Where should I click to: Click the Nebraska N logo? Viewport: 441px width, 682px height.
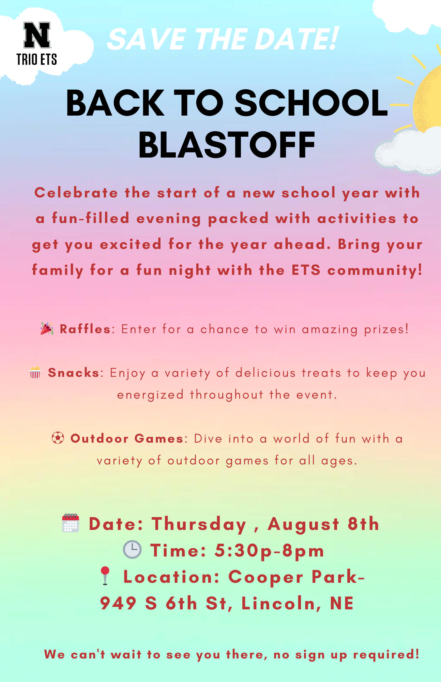pos(37,35)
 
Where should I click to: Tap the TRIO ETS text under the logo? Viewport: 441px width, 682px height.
pos(37,59)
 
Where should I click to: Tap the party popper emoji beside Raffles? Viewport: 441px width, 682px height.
pos(47,329)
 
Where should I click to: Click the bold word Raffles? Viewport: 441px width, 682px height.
pos(85,329)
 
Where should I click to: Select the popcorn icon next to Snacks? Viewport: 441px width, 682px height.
pos(35,372)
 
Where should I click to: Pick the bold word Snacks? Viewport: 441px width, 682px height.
pos(74,373)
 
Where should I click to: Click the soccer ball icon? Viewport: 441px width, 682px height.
pos(58,438)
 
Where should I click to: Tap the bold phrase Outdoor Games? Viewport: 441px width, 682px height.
pos(127,438)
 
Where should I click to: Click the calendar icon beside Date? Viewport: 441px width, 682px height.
pos(71,523)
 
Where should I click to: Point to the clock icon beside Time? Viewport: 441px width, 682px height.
pos(132,549)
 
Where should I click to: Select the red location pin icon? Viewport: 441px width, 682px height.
pos(105,576)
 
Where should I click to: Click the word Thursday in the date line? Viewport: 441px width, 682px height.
pos(199,524)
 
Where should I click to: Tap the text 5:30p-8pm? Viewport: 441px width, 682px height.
pos(269,550)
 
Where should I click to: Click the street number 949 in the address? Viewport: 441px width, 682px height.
pos(118,603)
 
